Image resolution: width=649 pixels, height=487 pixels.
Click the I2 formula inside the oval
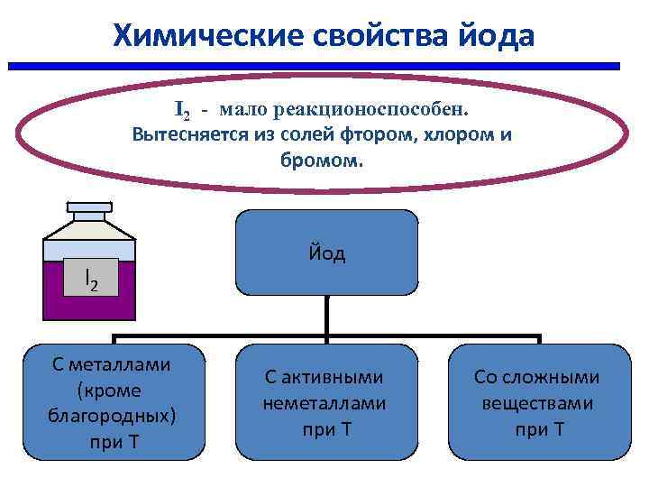coord(182,110)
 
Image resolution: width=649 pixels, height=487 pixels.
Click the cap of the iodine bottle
coord(88,210)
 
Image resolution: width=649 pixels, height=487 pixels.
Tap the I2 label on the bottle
coord(89,281)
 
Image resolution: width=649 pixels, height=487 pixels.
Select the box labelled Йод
coord(326,253)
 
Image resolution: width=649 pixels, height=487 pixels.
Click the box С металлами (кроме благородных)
coord(114,402)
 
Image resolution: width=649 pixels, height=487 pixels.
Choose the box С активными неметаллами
coord(324,402)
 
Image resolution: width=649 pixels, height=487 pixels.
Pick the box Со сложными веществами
coord(538,402)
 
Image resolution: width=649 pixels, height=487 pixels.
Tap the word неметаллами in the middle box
coord(324,403)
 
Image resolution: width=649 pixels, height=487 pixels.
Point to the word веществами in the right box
coord(537,403)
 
